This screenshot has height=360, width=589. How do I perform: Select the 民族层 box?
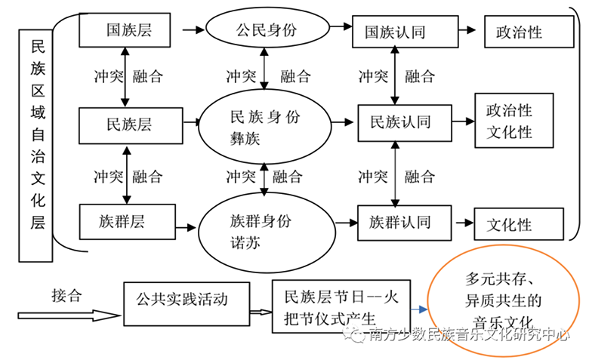[x=131, y=124]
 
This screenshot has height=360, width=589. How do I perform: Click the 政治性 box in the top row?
[x=520, y=32]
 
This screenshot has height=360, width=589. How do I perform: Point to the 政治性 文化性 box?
[x=513, y=122]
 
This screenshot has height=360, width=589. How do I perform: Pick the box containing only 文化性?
[x=518, y=225]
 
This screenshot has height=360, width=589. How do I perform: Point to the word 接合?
[x=66, y=294]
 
